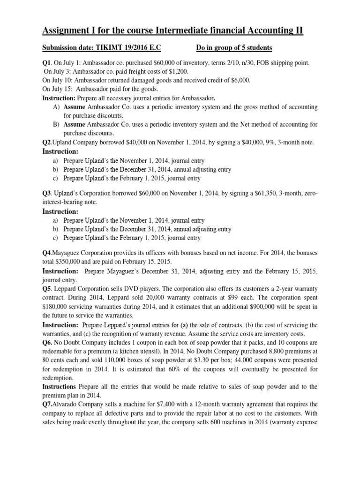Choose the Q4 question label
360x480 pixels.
(47, 253)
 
